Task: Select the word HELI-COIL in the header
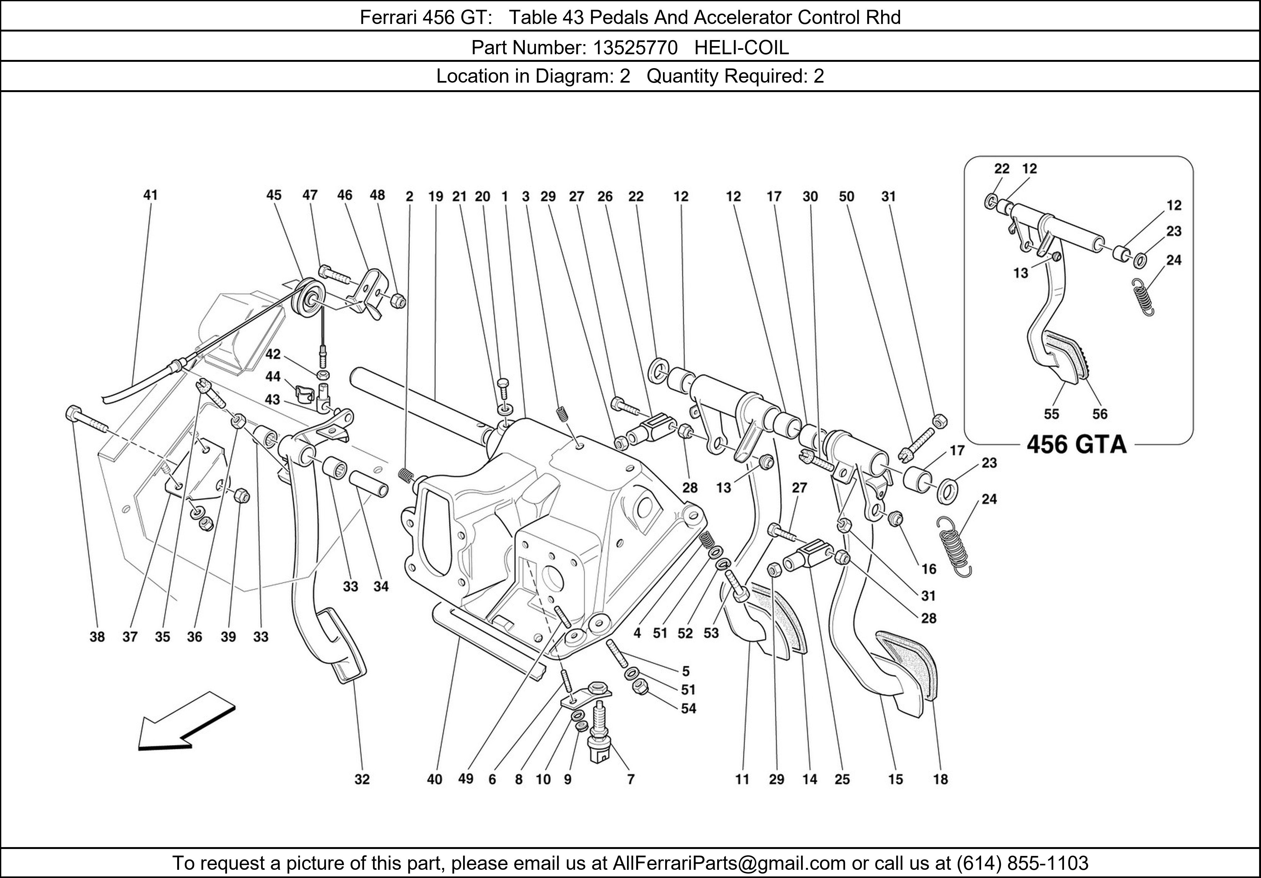(x=741, y=48)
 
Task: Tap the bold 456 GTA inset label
(x=1077, y=444)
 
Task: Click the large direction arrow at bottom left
(x=184, y=721)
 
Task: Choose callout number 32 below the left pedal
(x=362, y=779)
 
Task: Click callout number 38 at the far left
(x=97, y=637)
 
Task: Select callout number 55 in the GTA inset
(x=1051, y=414)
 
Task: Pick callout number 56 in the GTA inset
(x=1100, y=414)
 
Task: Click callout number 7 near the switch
(x=630, y=779)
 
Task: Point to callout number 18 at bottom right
(x=940, y=779)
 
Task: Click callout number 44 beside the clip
(x=273, y=376)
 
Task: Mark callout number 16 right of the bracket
(x=929, y=569)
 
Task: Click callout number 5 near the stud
(x=685, y=671)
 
